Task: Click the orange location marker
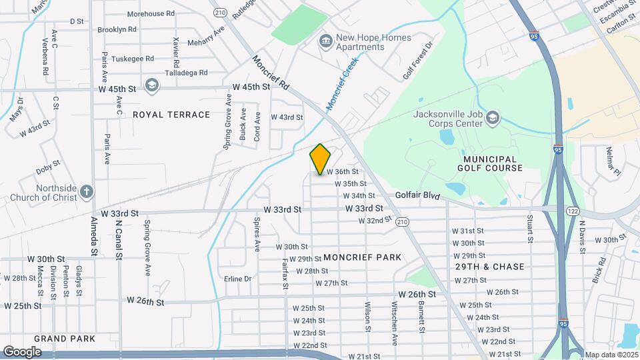tap(321, 159)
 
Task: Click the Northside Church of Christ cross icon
tap(86, 193)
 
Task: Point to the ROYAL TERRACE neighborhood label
tap(171, 115)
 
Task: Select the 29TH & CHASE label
tap(490, 267)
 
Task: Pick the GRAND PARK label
tap(65, 339)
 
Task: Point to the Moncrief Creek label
tap(342, 83)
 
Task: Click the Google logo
tap(22, 351)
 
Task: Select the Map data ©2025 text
tap(611, 355)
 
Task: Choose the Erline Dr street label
tap(238, 279)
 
